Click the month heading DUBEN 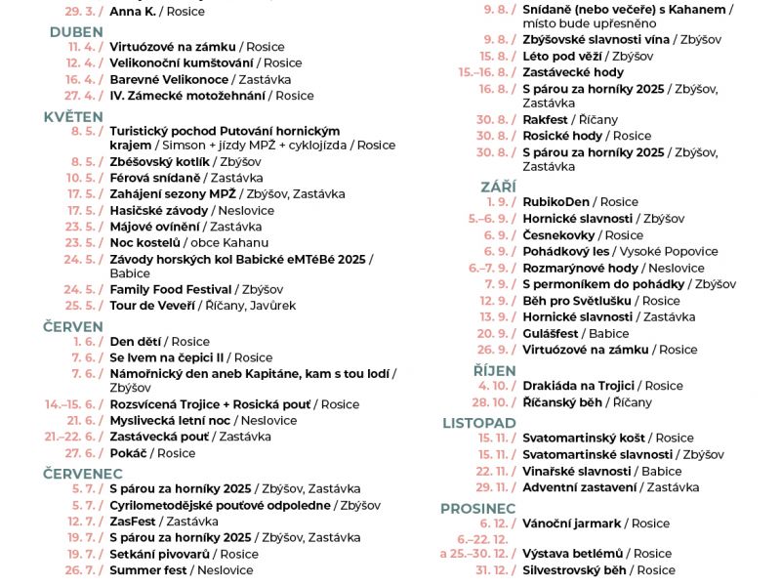click(x=76, y=31)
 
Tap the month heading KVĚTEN click(x=73, y=116)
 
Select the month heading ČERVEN click(x=73, y=326)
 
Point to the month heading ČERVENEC click(x=83, y=473)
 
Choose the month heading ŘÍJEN click(x=494, y=370)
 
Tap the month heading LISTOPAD click(x=478, y=423)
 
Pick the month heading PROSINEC click(x=477, y=508)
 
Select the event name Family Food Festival click(x=171, y=289)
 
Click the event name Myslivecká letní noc click(x=170, y=420)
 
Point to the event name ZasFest click(x=134, y=522)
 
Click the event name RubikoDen click(x=556, y=202)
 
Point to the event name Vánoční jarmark click(x=571, y=523)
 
